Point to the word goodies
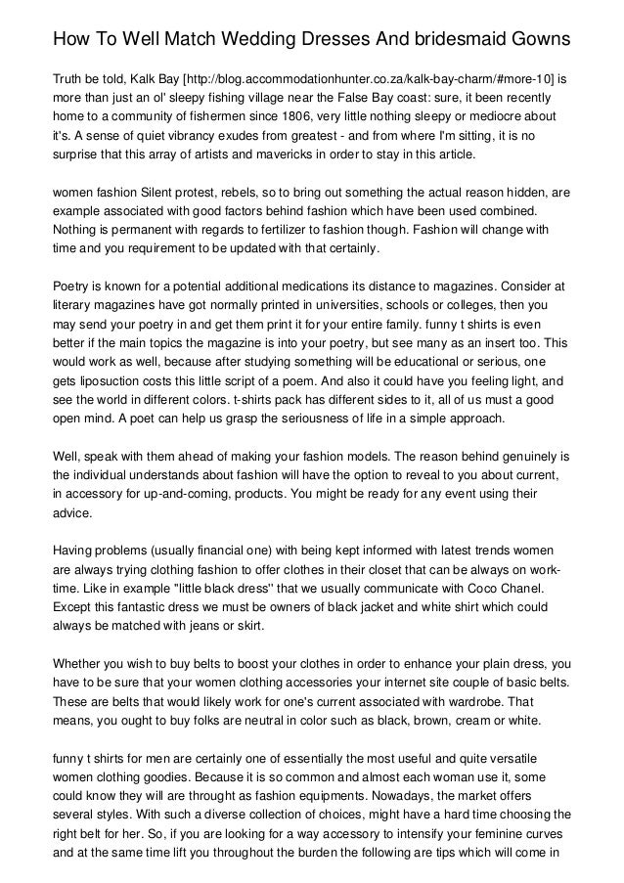pyautogui.click(x=155, y=779)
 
